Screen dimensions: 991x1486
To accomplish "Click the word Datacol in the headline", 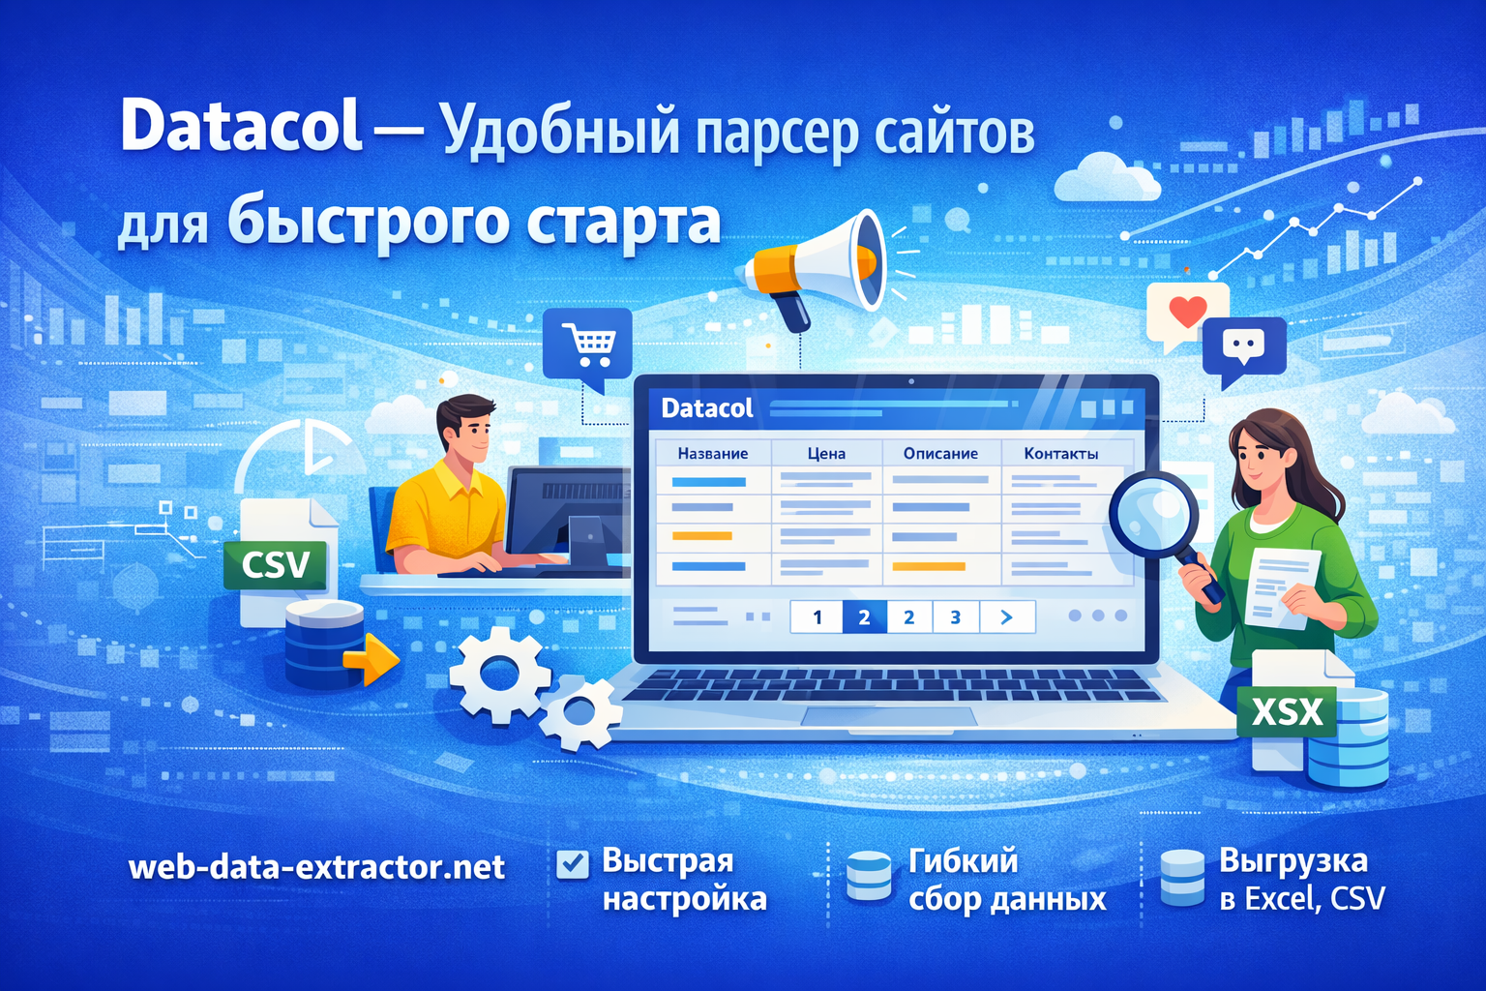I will (x=241, y=126).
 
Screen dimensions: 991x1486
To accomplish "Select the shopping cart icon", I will (x=588, y=344).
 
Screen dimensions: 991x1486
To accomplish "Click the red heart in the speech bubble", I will (x=1187, y=311).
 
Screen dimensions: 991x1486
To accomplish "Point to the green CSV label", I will (x=276, y=564).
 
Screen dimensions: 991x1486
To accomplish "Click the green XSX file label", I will (x=1287, y=713).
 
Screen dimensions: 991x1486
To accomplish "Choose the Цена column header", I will (x=826, y=453).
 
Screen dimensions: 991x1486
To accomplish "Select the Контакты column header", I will (x=1060, y=453).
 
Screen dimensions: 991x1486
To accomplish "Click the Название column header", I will (x=712, y=453).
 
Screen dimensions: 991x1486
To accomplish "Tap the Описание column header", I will (x=940, y=453).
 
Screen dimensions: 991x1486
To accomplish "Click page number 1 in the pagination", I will (x=817, y=616).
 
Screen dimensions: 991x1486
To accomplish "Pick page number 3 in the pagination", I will (x=955, y=616).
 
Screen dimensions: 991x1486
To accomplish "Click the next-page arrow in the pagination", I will (x=1006, y=616).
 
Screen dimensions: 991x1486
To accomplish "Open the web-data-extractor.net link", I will (x=316, y=866).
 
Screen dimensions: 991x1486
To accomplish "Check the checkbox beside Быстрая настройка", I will (x=573, y=863).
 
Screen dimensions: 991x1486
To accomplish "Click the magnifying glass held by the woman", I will (x=1152, y=514).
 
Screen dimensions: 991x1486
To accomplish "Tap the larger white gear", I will (x=500, y=675).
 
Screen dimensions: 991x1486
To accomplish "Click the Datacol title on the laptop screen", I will (x=706, y=408).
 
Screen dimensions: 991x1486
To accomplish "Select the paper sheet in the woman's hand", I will (x=1280, y=586).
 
